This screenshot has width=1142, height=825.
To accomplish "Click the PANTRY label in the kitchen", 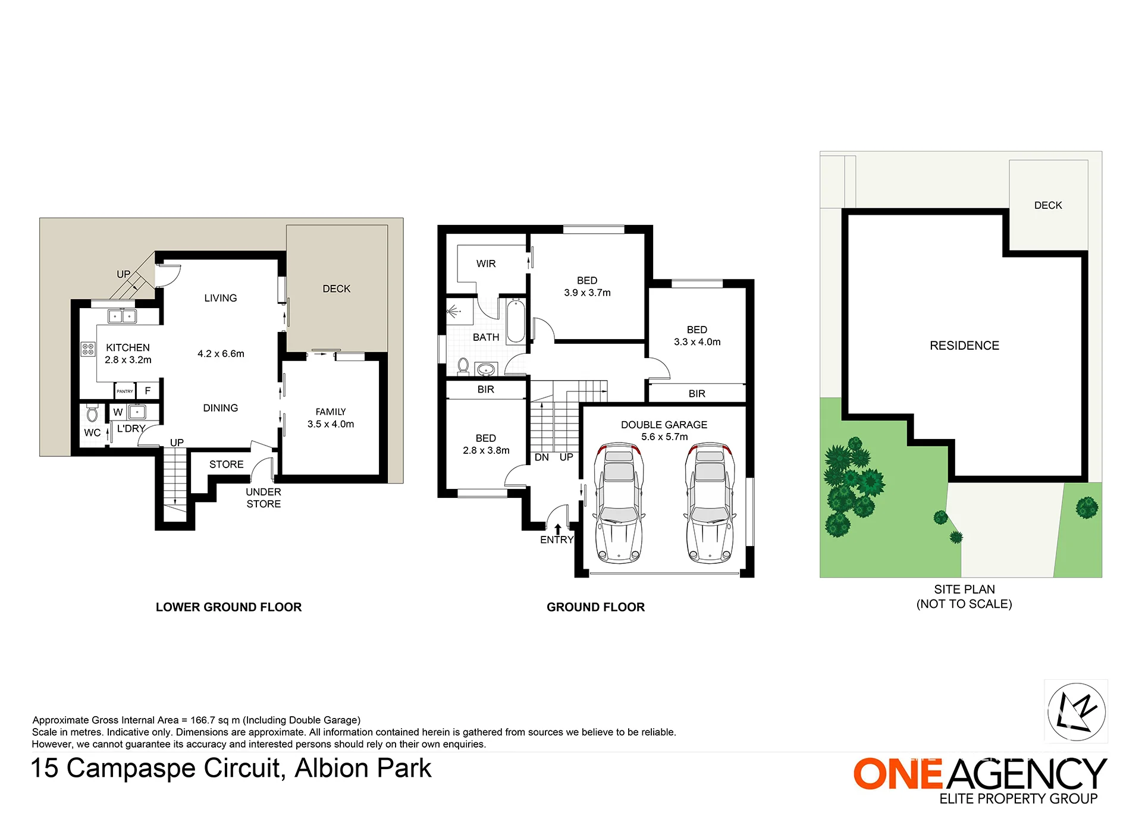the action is [125, 391].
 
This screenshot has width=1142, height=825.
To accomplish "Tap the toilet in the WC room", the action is [92, 413].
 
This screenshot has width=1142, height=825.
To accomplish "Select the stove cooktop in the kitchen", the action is [88, 349].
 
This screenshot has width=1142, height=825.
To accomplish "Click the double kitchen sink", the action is [122, 316].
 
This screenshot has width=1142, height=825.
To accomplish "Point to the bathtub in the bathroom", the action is [516, 321].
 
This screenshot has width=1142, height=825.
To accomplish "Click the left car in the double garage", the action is [619, 503].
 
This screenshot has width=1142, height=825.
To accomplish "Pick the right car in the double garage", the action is [710, 503].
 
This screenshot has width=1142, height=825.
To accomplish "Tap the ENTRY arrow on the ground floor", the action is [557, 529].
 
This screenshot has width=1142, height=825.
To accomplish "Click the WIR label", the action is [486, 264].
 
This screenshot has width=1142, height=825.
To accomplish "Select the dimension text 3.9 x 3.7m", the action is [587, 293].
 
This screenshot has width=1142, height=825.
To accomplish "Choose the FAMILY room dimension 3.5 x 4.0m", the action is [331, 424].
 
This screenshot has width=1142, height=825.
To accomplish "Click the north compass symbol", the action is [1076, 711].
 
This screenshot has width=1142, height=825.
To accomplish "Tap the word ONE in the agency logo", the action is [898, 774].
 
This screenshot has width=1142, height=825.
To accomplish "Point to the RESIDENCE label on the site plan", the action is [964, 346].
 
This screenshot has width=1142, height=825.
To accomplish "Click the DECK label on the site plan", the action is [1048, 205].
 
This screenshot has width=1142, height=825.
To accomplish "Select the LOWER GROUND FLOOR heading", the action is [229, 607].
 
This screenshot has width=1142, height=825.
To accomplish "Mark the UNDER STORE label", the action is [263, 498].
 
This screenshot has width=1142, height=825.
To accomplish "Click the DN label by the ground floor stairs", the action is [542, 457].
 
